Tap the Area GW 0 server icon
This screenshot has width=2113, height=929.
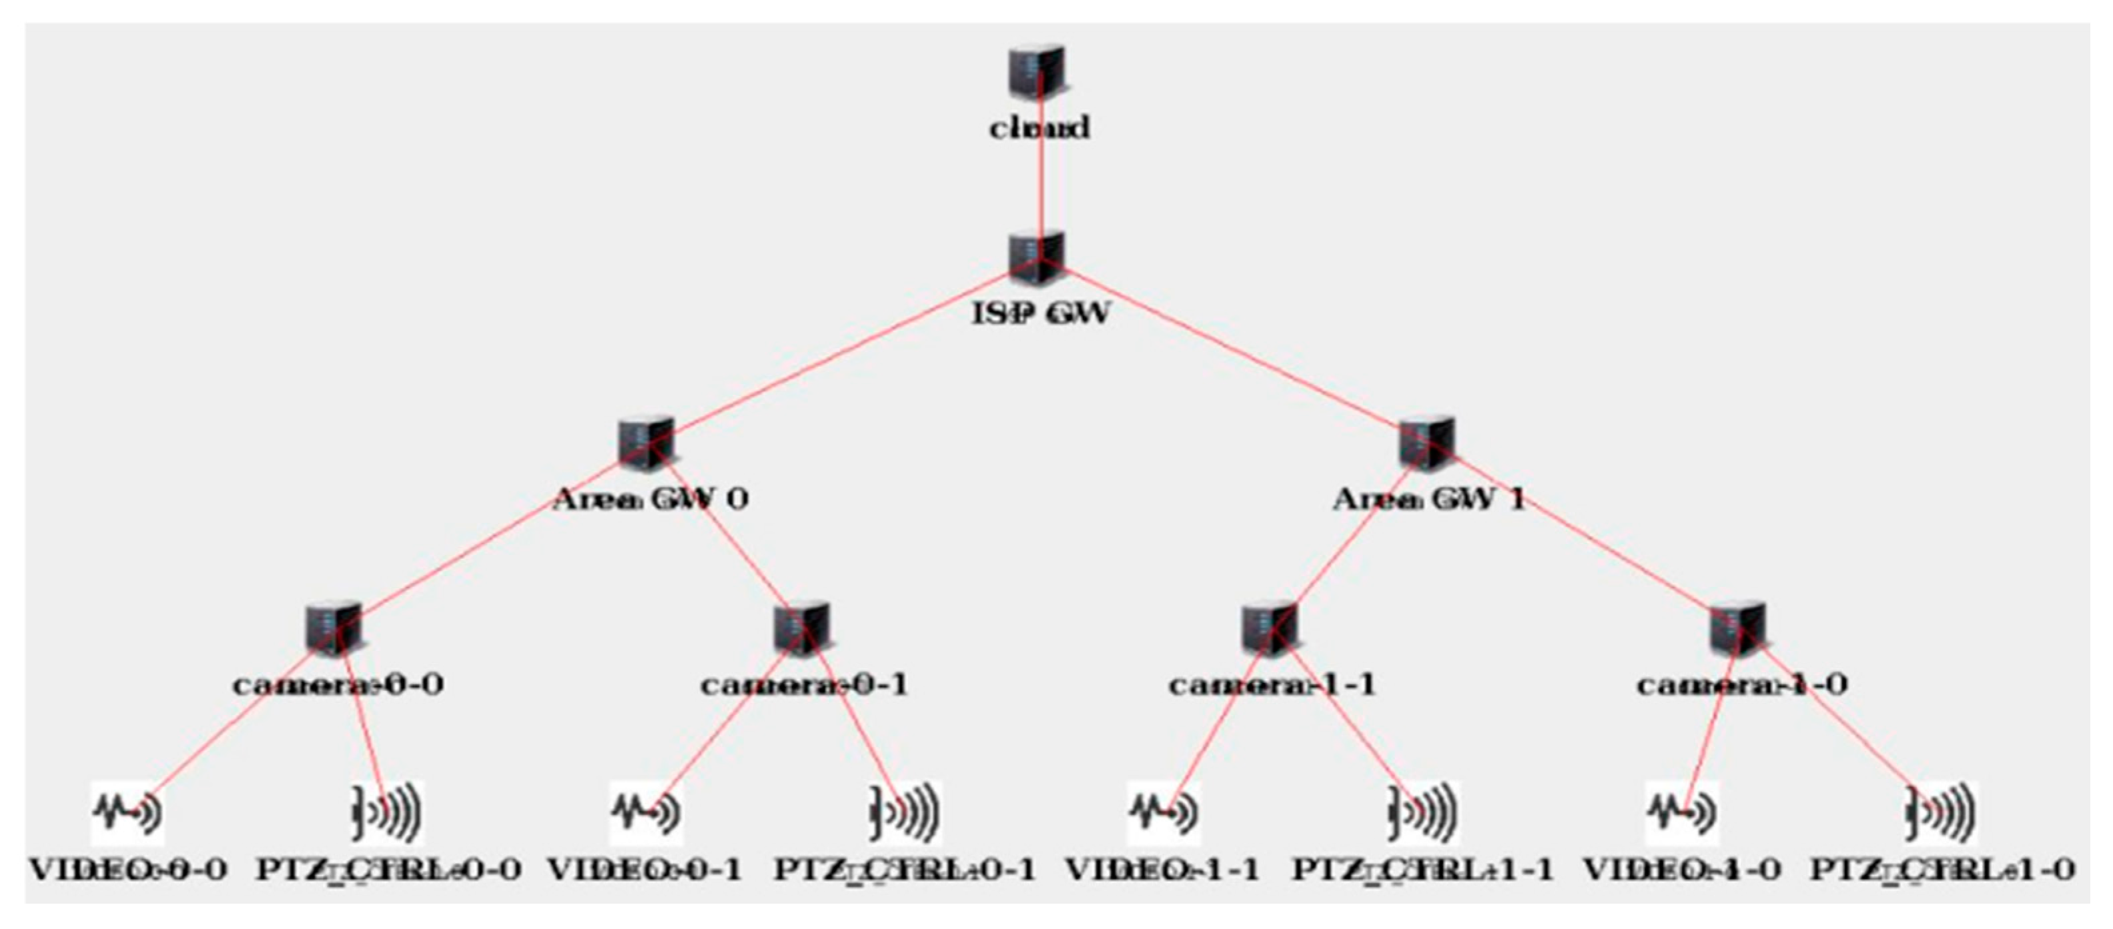pyautogui.click(x=647, y=443)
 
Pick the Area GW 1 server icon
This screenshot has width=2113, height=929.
pyautogui.click(x=1427, y=443)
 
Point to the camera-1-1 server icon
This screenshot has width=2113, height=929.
pyautogui.click(x=1270, y=629)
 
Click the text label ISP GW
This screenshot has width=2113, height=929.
pyautogui.click(x=1041, y=313)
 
